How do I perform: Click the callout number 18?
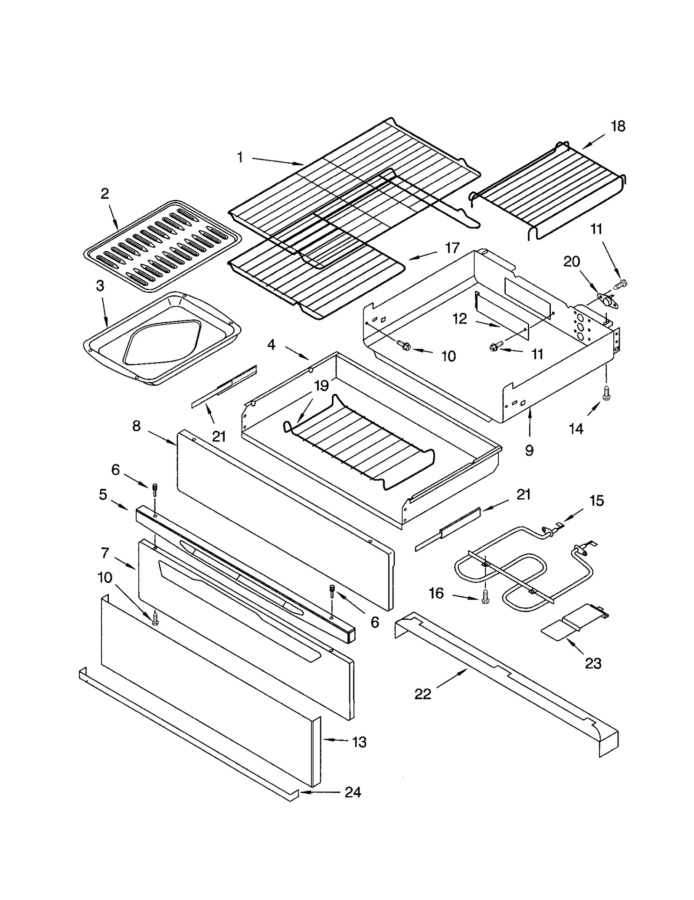[x=618, y=126]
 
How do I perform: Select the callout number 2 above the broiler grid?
[x=105, y=193]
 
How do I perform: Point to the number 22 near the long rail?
[x=422, y=694]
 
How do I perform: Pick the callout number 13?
[x=359, y=742]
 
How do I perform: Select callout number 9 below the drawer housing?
[x=529, y=451]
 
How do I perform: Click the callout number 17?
[x=452, y=248]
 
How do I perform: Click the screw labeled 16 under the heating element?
[x=485, y=598]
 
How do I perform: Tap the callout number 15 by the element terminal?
[x=596, y=501]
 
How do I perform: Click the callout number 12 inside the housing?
[x=460, y=319]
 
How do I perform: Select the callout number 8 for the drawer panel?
[x=136, y=426]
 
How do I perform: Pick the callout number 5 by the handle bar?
[x=103, y=494]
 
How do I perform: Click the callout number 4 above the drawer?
[x=271, y=345]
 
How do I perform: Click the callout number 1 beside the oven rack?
[x=240, y=157]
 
